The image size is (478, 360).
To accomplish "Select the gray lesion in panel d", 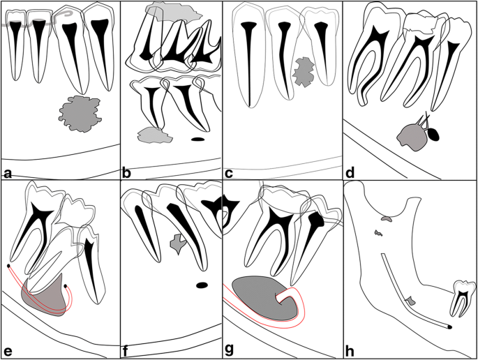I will point(409,136).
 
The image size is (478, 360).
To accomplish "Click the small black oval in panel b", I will point(197,140).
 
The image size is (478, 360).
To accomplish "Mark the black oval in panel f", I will point(202,285).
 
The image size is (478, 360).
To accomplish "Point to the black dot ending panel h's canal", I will point(449,326).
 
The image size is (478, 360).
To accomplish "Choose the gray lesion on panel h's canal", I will point(411,301).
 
